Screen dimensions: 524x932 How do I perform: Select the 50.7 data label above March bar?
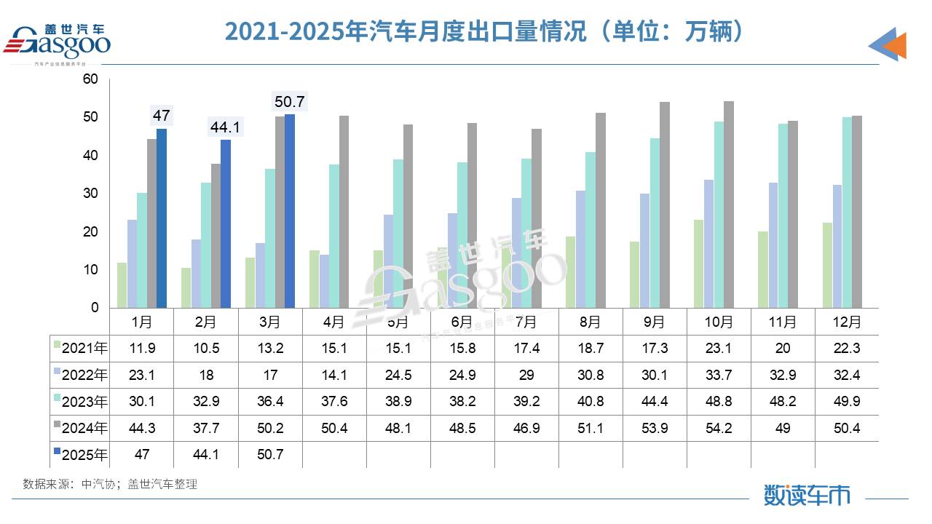[288, 101]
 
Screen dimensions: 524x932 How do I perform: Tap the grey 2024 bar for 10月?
[729, 205]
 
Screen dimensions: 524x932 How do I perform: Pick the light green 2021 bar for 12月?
[827, 265]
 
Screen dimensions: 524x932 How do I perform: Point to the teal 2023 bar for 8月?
[591, 230]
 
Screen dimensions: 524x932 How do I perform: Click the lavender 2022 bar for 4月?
[324, 281]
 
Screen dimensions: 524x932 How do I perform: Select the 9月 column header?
[655, 321]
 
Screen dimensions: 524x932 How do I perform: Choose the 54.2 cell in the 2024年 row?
[719, 428]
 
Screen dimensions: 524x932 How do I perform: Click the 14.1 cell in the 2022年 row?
[334, 375]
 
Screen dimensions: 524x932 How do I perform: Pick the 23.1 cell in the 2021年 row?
[719, 348]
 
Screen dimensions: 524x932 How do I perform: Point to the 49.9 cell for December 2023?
[847, 402]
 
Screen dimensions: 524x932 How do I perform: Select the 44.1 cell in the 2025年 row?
[206, 455]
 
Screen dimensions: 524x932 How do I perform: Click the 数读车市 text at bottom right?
[807, 495]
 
